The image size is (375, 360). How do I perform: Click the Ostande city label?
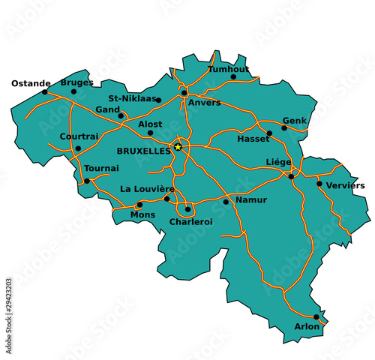tap(31, 83)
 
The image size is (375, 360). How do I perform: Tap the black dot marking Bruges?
tap(73, 91)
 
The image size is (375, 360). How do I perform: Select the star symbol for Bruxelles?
tap(178, 146)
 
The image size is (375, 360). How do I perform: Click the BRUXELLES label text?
tap(144, 151)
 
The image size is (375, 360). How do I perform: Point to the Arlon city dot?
tap(316, 316)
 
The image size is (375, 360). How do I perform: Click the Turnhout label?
tap(228, 69)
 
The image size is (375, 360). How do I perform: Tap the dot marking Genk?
tap(283, 128)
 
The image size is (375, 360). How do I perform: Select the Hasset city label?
tap(253, 139)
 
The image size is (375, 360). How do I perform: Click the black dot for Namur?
tap(226, 202)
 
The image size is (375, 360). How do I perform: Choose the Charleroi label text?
tap(191, 222)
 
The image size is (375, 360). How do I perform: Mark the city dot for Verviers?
tap(319, 183)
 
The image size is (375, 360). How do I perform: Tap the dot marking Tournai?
tap(87, 181)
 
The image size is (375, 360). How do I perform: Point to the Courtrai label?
tap(79, 136)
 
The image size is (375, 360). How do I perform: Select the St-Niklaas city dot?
tap(158, 100)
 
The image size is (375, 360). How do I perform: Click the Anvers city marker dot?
tap(184, 93)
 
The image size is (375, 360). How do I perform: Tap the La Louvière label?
tap(148, 188)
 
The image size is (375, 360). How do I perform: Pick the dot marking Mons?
tap(139, 204)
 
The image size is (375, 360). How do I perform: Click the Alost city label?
tap(150, 124)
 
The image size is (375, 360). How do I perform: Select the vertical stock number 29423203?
tap(8, 305)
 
